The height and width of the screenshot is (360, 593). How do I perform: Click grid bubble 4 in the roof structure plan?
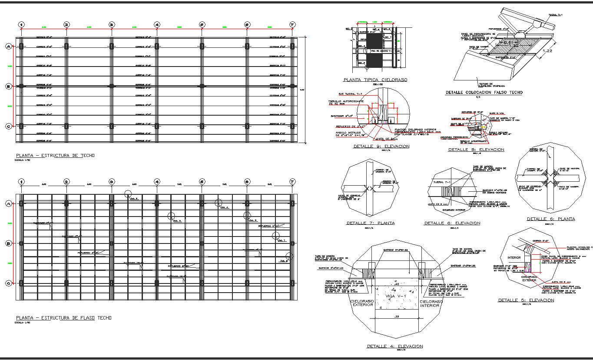pyautogui.click(x=157, y=25)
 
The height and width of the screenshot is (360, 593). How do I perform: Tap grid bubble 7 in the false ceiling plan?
pyautogui.click(x=292, y=182)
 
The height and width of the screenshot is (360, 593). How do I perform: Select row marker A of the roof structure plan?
pyautogui.click(x=8, y=46)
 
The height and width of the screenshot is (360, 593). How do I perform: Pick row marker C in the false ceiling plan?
pyautogui.click(x=8, y=283)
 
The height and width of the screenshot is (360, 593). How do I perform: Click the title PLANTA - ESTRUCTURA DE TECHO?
pyautogui.click(x=55, y=156)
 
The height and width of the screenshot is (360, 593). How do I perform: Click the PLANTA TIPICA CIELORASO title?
pyautogui.click(x=375, y=80)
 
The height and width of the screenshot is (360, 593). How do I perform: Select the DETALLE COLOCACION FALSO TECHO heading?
pyautogui.click(x=484, y=93)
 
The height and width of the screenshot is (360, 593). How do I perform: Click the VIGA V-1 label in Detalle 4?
pyautogui.click(x=394, y=296)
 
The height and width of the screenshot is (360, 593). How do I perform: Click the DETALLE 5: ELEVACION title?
pyautogui.click(x=526, y=300)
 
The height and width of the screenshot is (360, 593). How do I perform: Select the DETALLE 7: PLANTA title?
pyautogui.click(x=370, y=223)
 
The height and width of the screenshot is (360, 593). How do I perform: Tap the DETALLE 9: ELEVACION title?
pyautogui.click(x=381, y=147)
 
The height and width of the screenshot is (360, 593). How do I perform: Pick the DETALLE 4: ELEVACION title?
pyautogui.click(x=394, y=346)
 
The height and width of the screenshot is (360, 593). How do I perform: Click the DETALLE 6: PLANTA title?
pyautogui.click(x=550, y=219)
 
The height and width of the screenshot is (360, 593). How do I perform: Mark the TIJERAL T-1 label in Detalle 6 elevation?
pyautogui.click(x=445, y=183)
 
